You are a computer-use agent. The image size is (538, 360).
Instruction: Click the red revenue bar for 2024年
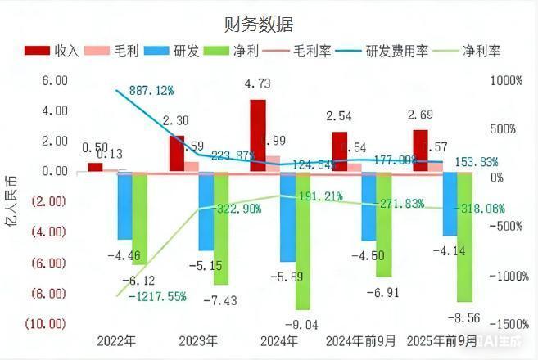tap(258, 135)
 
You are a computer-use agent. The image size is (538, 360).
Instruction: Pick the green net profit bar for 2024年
tap(303, 241)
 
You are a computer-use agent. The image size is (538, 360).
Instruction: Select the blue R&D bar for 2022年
tap(124, 205)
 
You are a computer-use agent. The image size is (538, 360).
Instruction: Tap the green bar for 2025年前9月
tap(465, 236)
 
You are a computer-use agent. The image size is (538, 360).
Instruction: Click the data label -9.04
tap(303, 321)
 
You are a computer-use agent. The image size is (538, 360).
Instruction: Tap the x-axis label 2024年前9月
tap(360, 340)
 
